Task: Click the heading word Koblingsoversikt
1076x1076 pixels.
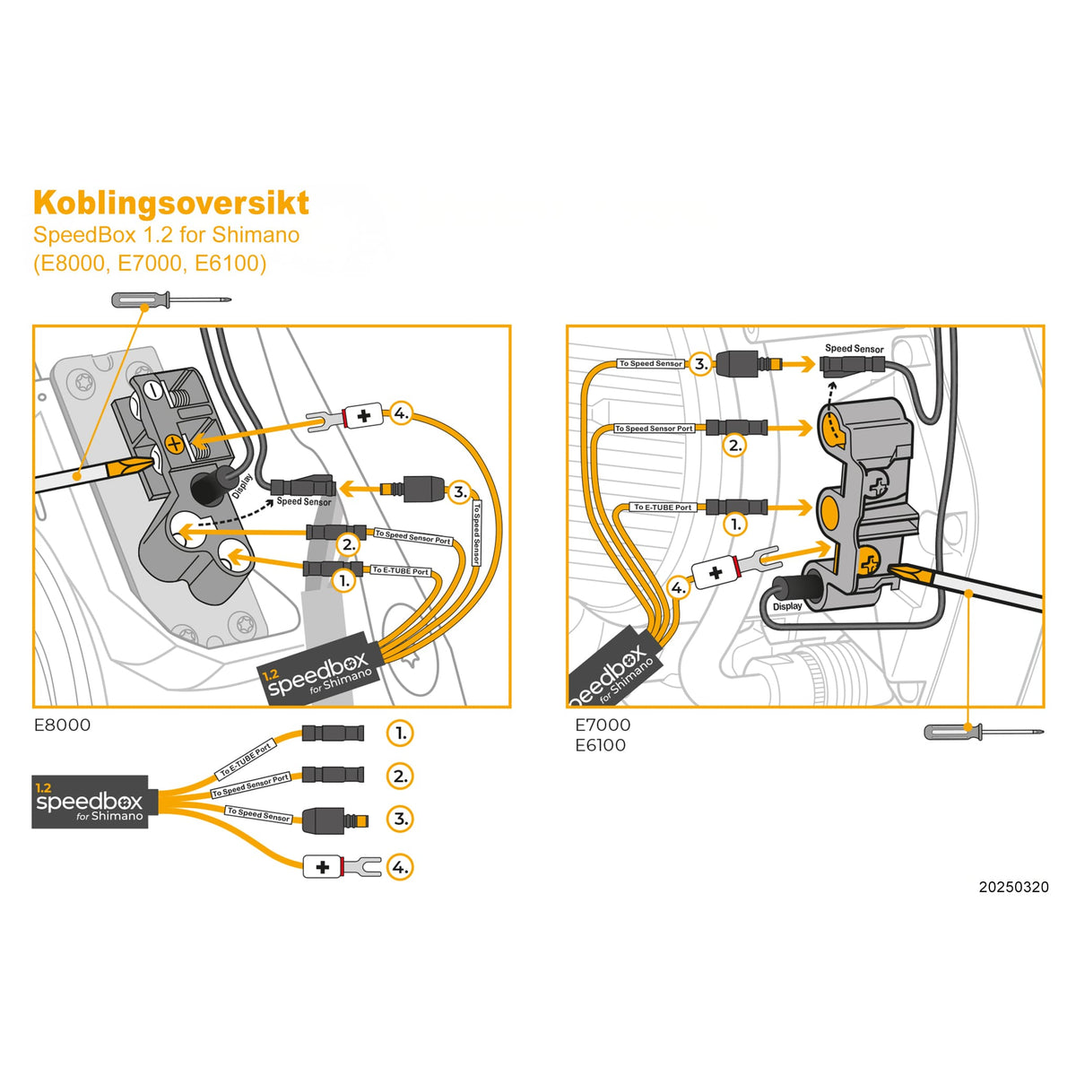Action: pos(170,204)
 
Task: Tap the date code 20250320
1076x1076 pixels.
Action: pos(1013,887)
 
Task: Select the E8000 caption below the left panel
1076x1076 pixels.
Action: pos(62,725)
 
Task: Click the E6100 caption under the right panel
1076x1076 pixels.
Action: pos(600,745)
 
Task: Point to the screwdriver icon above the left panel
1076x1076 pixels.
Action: pos(170,299)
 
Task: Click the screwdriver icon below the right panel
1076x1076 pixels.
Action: pos(984,732)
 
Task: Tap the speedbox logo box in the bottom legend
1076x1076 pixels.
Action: pos(90,801)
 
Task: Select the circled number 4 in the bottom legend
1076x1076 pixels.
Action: pos(400,867)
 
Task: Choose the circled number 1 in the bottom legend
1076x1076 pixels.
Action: pos(400,733)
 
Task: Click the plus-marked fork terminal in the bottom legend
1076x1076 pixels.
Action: pos(342,867)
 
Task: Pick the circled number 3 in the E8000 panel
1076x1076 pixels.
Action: pos(459,491)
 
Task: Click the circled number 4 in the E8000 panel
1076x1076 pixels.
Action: pos(400,413)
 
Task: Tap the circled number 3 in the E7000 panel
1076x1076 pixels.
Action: pos(701,364)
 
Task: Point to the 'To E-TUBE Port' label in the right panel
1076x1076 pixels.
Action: pos(663,508)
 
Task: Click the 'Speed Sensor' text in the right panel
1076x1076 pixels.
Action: pos(854,349)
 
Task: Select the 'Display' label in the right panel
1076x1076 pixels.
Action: pos(787,606)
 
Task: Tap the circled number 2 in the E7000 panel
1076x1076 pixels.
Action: pos(734,445)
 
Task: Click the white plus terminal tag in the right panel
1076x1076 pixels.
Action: pos(715,573)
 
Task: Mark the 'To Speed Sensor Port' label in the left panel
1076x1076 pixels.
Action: pos(412,537)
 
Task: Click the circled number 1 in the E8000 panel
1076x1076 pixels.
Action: pos(344,581)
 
